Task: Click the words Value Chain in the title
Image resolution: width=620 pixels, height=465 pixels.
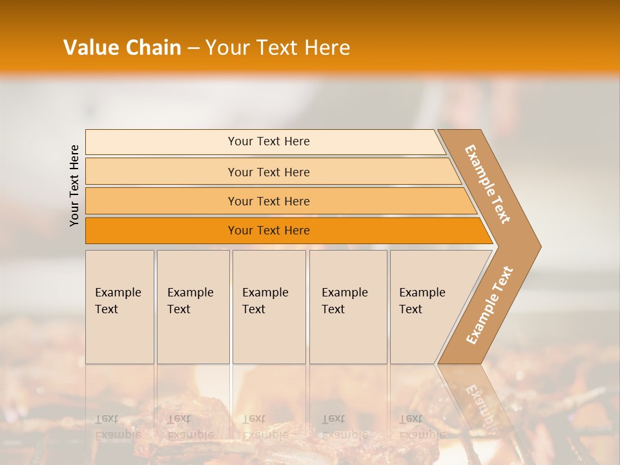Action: click(x=122, y=48)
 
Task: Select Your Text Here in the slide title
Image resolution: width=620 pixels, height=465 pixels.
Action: click(x=278, y=48)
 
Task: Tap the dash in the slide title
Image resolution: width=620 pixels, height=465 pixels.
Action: click(x=193, y=48)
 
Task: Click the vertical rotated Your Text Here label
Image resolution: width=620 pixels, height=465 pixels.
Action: click(x=74, y=185)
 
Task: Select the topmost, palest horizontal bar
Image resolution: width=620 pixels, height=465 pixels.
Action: click(x=161, y=142)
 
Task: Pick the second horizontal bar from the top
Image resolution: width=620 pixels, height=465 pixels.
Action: click(x=161, y=172)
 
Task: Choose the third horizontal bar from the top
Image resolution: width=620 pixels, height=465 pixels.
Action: click(x=161, y=201)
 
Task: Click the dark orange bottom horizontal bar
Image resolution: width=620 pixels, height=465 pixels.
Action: click(x=161, y=231)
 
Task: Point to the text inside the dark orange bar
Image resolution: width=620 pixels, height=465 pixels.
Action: click(x=269, y=231)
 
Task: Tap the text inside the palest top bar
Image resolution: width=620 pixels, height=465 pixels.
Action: click(x=269, y=141)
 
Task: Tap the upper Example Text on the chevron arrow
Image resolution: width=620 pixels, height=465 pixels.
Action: click(x=488, y=184)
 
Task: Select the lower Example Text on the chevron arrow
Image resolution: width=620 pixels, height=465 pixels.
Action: click(x=490, y=305)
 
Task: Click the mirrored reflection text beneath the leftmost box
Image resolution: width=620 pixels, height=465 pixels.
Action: click(x=118, y=427)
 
